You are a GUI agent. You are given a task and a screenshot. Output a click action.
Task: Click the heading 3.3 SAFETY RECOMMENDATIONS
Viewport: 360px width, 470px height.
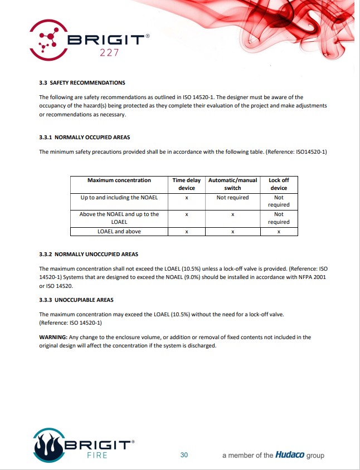(82, 83)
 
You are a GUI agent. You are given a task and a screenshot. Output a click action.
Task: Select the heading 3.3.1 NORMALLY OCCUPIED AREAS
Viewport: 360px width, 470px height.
(85, 137)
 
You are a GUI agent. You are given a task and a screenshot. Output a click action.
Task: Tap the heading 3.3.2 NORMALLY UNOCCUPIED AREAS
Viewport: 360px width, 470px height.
(89, 254)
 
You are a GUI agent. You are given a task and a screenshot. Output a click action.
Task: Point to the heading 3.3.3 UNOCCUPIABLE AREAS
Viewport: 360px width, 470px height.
(76, 300)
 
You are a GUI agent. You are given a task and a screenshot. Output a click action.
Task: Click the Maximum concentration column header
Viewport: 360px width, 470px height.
(119, 180)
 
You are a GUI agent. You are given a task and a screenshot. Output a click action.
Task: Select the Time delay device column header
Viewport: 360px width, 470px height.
(187, 184)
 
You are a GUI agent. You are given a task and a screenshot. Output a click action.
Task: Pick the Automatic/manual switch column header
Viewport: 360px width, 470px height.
(232, 184)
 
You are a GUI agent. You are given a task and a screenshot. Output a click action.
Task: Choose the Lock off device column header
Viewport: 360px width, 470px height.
(279, 184)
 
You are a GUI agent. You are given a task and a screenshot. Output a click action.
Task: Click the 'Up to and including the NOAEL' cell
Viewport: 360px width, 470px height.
(119, 198)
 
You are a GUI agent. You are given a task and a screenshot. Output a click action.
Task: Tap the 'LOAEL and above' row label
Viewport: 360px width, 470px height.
(119, 232)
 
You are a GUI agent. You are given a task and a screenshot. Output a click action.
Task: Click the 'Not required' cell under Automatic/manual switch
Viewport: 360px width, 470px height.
(232, 198)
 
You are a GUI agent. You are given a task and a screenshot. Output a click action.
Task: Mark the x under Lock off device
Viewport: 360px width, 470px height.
(279, 232)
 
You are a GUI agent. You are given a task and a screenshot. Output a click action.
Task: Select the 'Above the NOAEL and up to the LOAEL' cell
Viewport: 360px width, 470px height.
(119, 218)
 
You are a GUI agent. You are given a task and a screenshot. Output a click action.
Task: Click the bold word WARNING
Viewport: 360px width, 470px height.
(52, 337)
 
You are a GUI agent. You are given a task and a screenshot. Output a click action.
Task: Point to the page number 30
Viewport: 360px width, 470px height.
(184, 455)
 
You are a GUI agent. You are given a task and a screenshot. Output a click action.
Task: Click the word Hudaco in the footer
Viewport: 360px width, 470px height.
(290, 455)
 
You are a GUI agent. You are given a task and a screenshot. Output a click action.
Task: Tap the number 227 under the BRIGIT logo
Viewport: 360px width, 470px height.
(109, 53)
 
